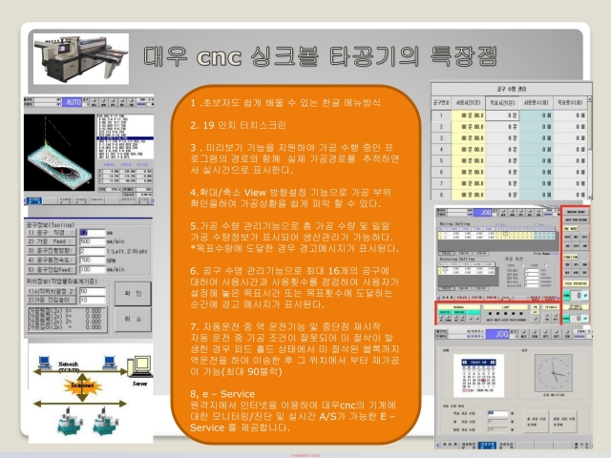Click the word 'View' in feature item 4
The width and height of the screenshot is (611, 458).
point(257,191)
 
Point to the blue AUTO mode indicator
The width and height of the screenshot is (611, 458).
point(73,98)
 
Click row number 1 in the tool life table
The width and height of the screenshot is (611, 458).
point(440,115)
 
